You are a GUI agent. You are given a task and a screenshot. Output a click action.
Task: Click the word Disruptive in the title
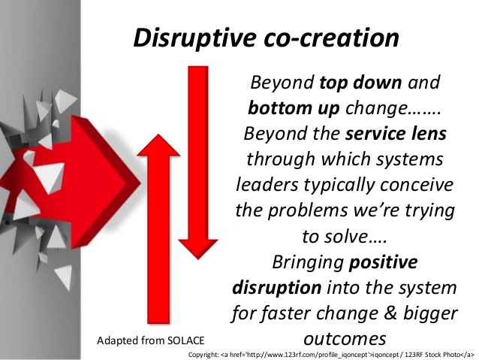195,38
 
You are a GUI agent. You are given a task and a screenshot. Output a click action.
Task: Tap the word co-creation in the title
331,38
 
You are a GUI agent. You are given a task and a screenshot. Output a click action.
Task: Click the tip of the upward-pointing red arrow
158,135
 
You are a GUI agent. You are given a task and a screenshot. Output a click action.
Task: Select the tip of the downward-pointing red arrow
198,259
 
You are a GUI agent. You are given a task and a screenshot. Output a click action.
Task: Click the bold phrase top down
360,82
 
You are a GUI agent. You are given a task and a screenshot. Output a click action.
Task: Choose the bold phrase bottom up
294,108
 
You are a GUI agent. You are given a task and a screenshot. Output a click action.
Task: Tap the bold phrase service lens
396,134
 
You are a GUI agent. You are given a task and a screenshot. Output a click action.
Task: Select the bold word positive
384,262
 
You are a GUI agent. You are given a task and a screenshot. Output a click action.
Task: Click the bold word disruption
277,288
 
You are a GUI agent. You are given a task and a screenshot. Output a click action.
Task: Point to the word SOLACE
185,340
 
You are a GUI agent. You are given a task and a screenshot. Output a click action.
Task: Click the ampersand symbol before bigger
391,313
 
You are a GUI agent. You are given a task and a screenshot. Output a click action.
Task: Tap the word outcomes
345,339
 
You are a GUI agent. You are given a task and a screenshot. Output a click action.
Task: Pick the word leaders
267,185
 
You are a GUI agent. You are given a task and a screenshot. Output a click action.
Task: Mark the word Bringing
308,263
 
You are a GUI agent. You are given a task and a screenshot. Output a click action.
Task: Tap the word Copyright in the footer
203,355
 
